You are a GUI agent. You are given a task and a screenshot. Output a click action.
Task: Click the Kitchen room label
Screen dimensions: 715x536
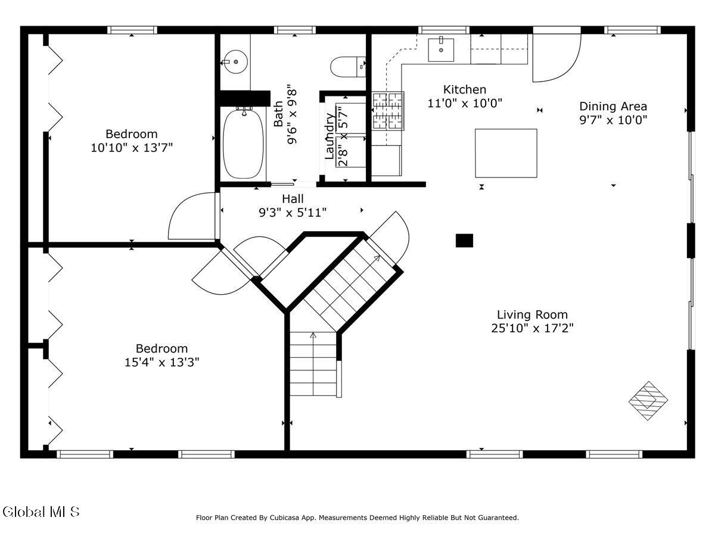465,89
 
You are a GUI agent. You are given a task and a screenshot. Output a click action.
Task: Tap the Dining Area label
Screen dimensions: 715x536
613,107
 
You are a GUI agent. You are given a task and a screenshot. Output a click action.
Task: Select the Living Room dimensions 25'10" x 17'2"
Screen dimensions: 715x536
532,328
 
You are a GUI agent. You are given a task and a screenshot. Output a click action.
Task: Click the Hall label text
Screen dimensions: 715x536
293,199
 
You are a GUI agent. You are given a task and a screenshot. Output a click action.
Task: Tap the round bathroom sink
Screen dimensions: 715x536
235,61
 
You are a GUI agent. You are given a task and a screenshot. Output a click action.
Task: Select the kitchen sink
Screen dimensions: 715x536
441,50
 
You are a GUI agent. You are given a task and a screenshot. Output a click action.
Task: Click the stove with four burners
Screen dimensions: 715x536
388,111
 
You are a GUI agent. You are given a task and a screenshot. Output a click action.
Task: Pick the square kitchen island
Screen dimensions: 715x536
506,153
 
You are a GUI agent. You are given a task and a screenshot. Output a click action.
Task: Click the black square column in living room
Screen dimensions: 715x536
464,241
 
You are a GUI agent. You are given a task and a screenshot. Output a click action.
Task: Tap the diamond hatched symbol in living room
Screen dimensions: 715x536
648,401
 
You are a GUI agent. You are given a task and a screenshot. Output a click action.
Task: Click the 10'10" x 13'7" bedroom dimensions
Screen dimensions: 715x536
132,148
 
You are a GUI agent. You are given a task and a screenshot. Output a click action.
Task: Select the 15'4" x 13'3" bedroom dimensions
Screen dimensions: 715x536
162,362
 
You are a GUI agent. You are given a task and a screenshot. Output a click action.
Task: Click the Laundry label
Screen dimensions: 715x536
329,136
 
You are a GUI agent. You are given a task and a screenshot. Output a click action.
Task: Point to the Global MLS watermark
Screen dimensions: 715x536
41,512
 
